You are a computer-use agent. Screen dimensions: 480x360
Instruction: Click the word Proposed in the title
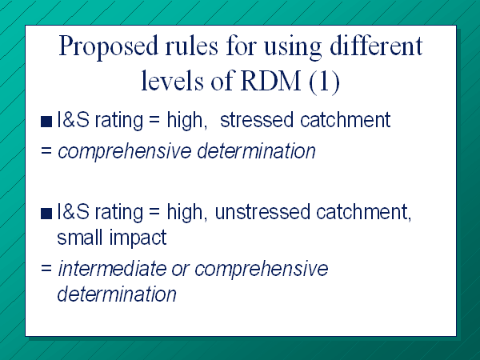click(108, 46)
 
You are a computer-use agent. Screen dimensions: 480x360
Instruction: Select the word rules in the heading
click(192, 46)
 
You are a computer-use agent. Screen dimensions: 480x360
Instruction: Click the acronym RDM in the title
click(270, 81)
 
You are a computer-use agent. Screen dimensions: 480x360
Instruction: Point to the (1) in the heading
click(324, 82)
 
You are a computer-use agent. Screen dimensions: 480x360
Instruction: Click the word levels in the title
click(172, 81)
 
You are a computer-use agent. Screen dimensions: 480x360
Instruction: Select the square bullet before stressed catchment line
click(46, 122)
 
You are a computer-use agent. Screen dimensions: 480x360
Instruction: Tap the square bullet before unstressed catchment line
click(46, 214)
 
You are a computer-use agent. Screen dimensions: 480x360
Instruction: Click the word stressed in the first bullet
click(257, 119)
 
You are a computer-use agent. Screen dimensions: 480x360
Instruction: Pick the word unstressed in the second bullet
click(262, 211)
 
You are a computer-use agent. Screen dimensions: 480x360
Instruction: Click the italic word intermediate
click(112, 269)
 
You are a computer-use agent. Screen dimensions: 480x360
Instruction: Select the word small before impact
click(79, 238)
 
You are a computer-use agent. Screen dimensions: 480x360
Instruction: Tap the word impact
click(138, 238)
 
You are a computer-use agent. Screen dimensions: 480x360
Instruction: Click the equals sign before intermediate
click(46, 269)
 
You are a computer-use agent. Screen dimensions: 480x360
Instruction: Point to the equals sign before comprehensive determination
click(46, 150)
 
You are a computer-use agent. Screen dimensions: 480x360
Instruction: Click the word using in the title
click(293, 47)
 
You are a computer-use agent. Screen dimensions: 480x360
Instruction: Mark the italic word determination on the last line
click(117, 294)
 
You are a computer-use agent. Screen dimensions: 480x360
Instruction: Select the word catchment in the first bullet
click(346, 119)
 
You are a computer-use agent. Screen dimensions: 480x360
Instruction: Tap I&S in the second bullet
click(74, 211)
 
